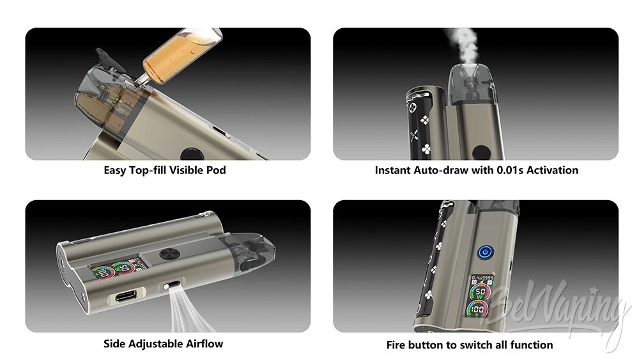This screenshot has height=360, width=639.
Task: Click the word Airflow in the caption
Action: pyautogui.click(x=204, y=343)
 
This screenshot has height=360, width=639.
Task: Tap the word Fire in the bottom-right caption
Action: pyautogui.click(x=396, y=345)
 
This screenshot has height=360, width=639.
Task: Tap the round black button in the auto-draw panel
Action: pyautogui.click(x=482, y=153)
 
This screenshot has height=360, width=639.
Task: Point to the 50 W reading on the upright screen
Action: pyautogui.click(x=481, y=293)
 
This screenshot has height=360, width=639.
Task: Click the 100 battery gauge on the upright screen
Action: pyautogui.click(x=477, y=310)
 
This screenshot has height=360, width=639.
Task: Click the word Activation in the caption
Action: pyautogui.click(x=552, y=170)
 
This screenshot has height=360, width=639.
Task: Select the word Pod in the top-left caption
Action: pyautogui.click(x=215, y=170)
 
